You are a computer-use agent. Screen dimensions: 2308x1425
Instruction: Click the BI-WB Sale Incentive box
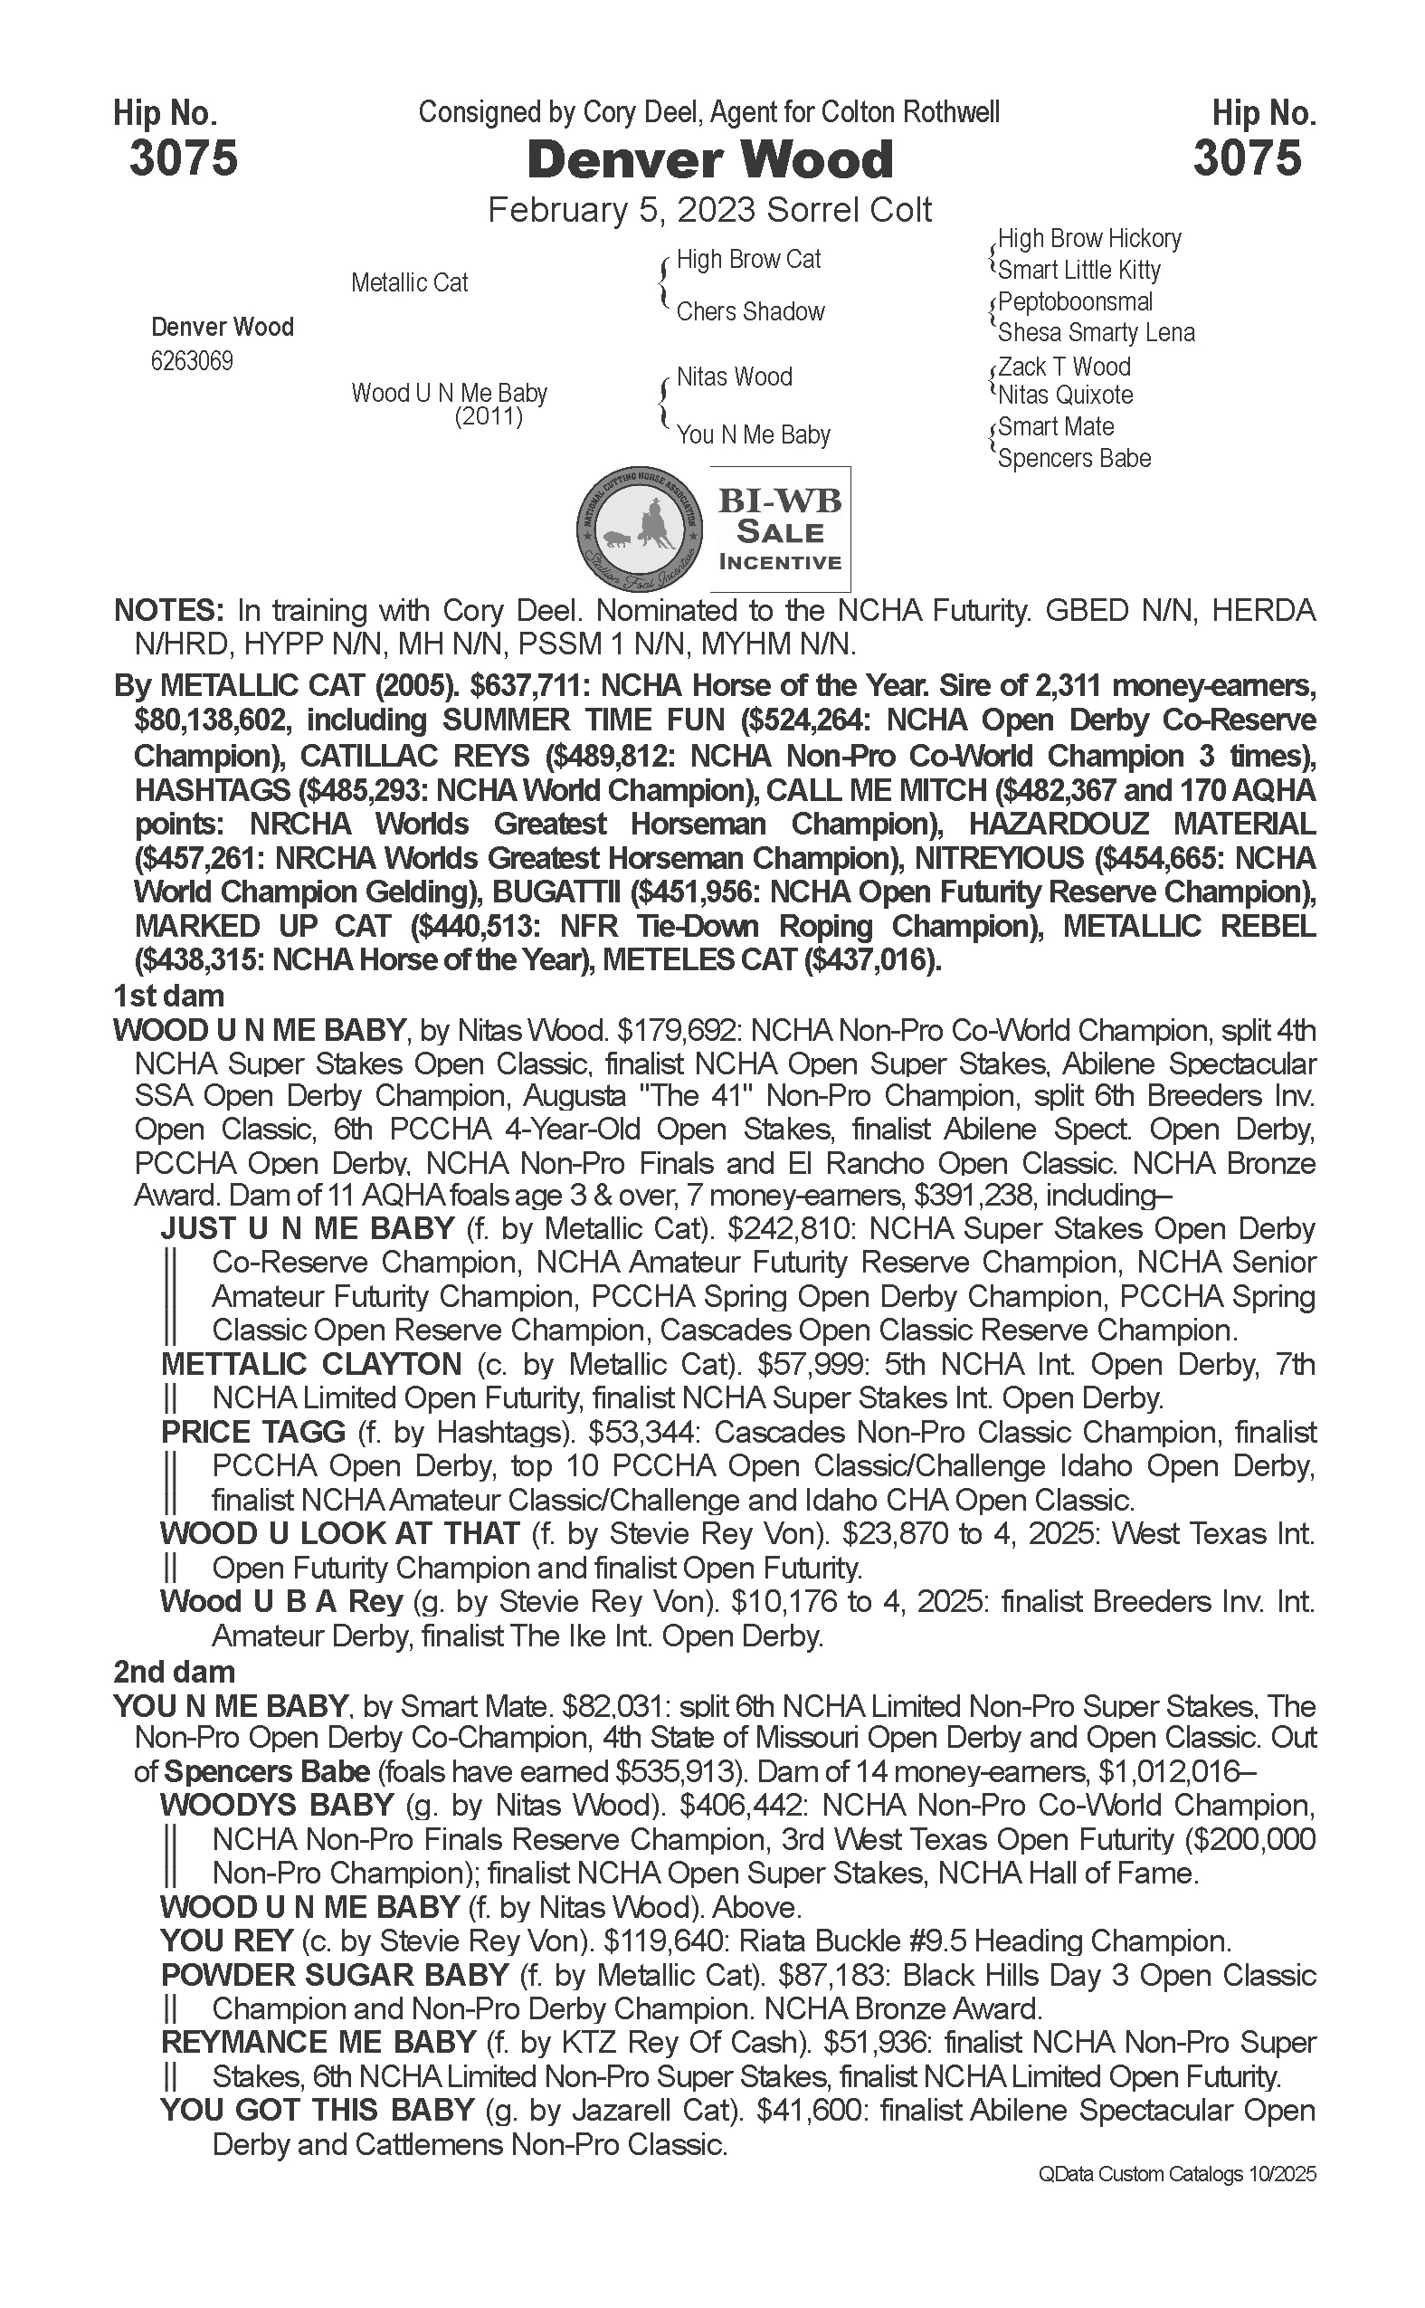tap(779, 529)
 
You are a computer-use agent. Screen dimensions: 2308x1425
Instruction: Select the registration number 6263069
tap(192, 362)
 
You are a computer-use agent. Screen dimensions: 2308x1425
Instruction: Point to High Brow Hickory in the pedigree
tap(1088, 239)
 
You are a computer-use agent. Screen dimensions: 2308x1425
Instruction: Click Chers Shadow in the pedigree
tap(750, 312)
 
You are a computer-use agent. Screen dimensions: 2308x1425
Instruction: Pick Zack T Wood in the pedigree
tap(1064, 366)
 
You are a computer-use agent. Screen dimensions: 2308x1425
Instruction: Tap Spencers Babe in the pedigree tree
tap(1075, 459)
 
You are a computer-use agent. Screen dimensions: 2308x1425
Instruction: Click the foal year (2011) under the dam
tap(489, 416)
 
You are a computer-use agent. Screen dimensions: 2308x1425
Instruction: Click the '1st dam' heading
tap(168, 996)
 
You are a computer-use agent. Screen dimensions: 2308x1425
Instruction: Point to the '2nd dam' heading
tap(175, 1672)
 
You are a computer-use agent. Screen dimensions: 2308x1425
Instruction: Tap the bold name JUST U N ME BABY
tap(308, 1228)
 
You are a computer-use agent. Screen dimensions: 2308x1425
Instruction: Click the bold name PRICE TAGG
tap(252, 1432)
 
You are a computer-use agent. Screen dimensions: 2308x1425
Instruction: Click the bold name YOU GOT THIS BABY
tap(317, 2111)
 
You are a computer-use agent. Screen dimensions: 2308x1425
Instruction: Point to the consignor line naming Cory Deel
tap(708, 113)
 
